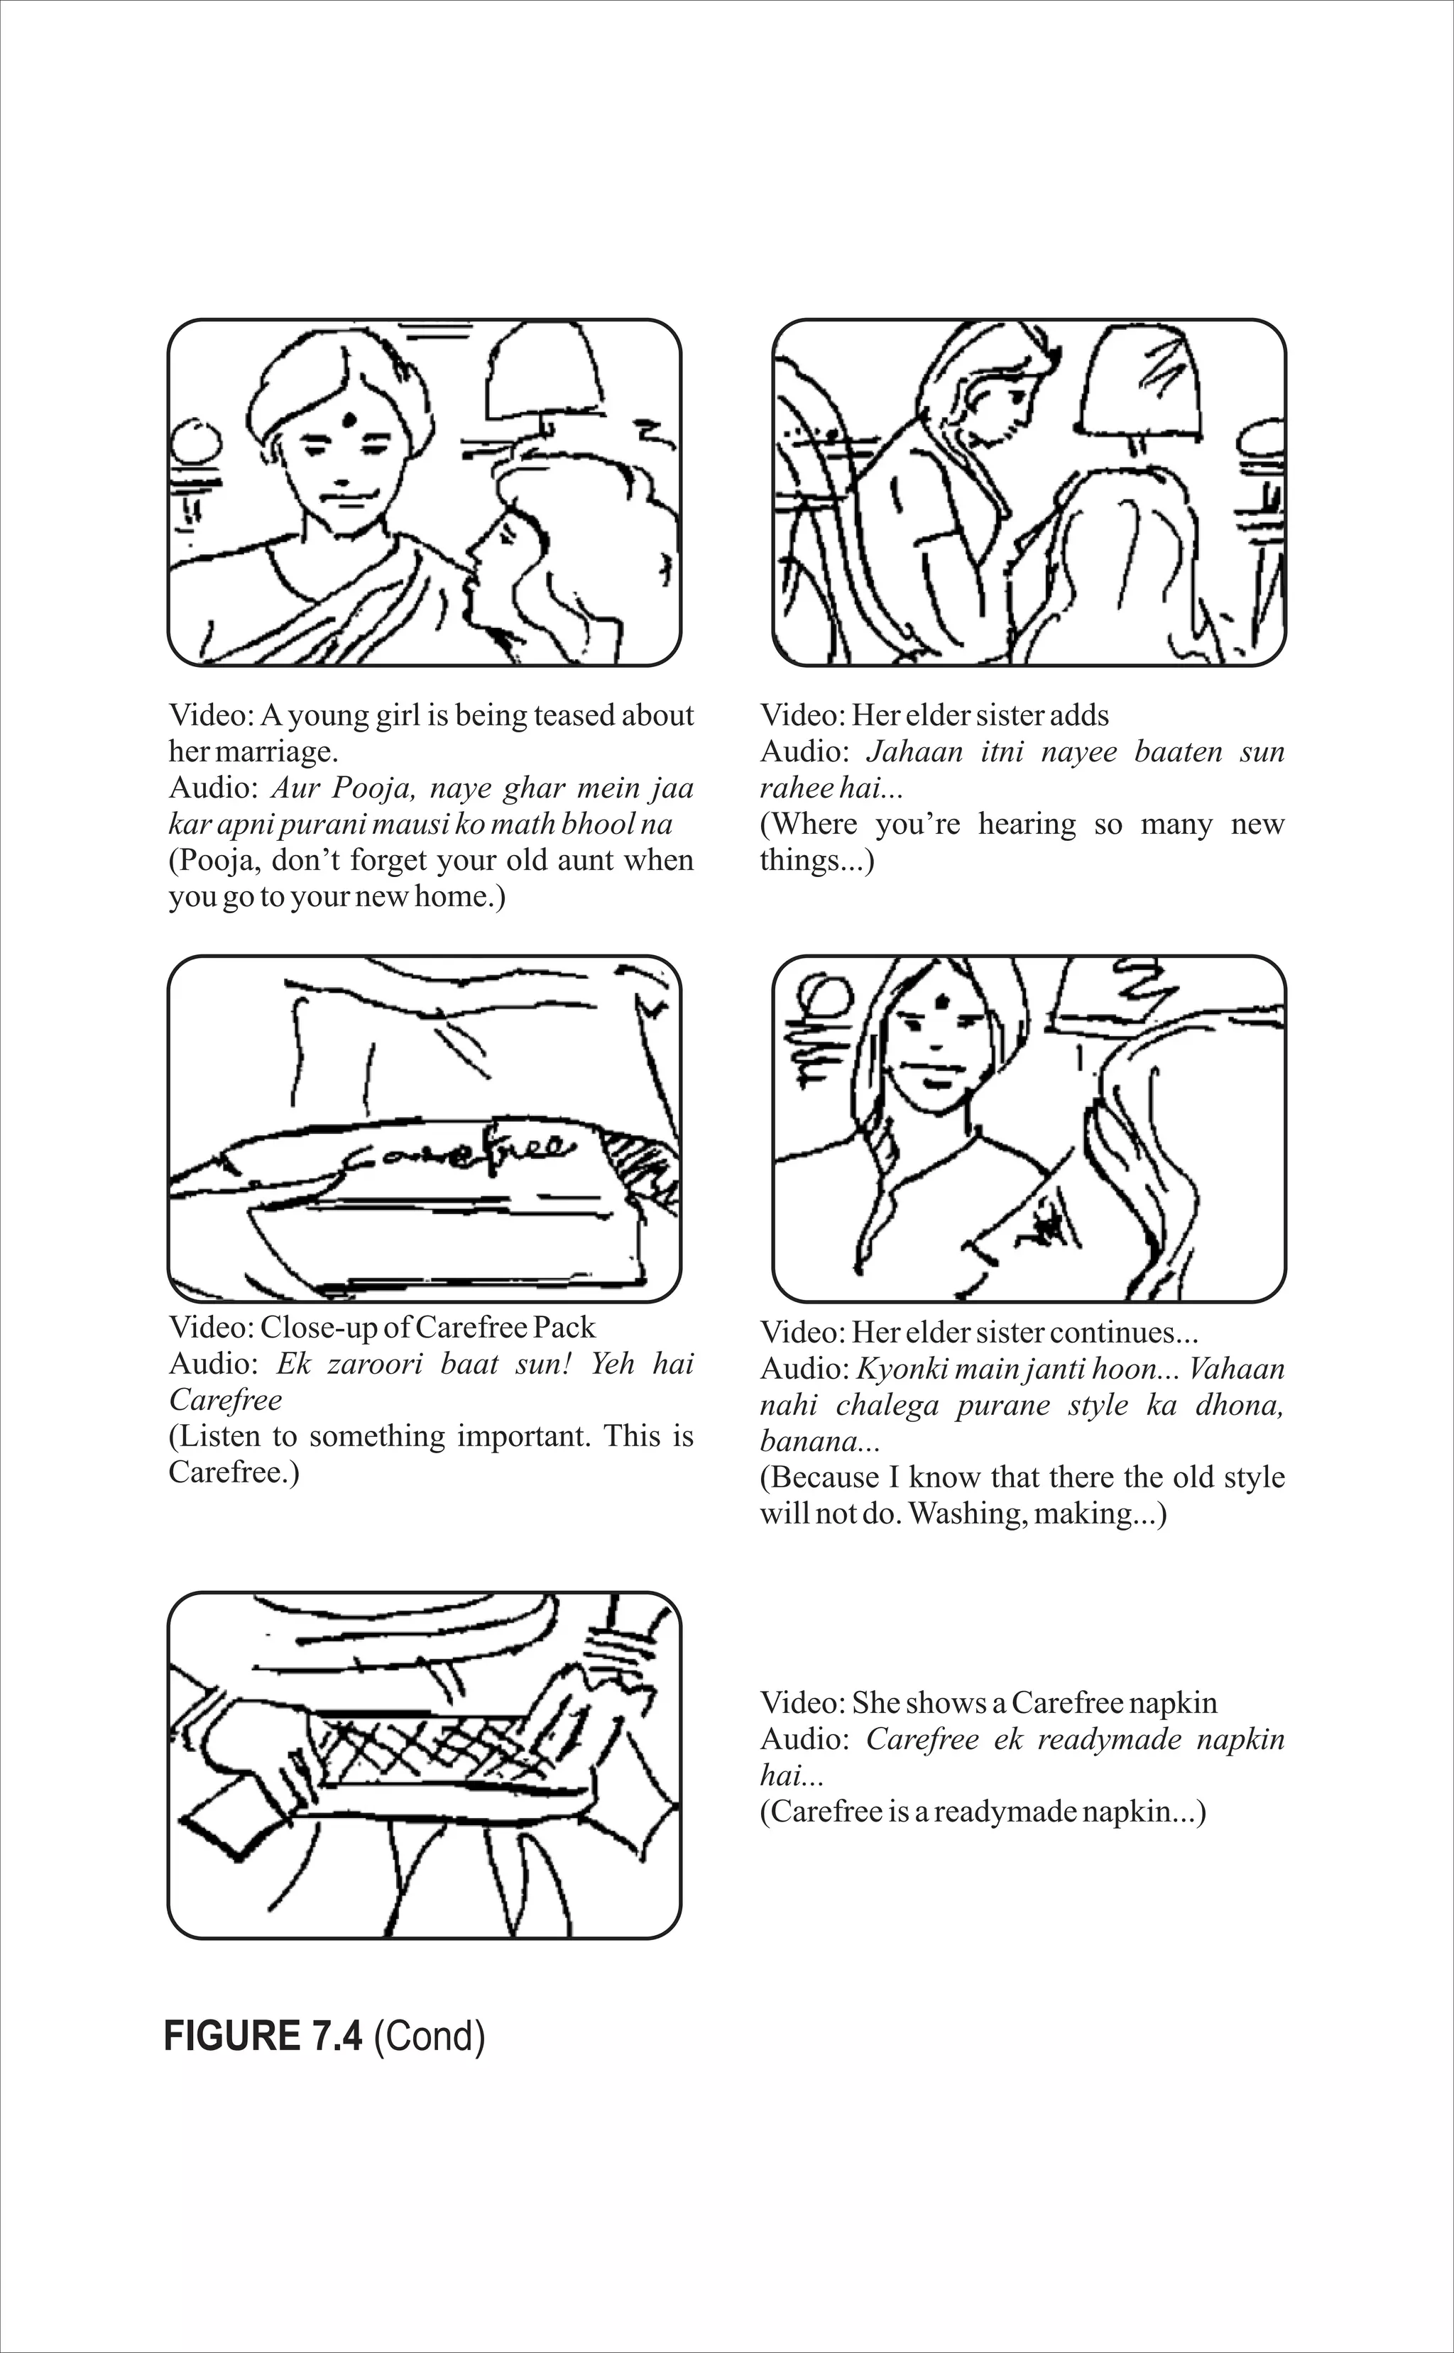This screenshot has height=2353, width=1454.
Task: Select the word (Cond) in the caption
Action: tap(429, 2037)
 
